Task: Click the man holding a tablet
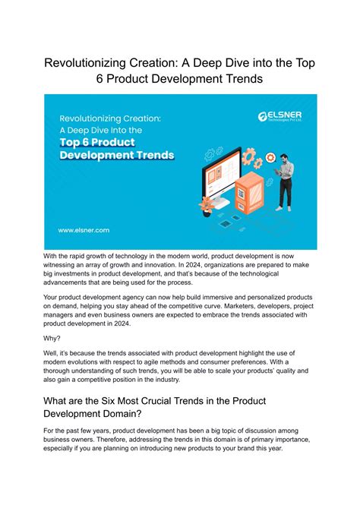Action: pyautogui.click(x=284, y=180)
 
